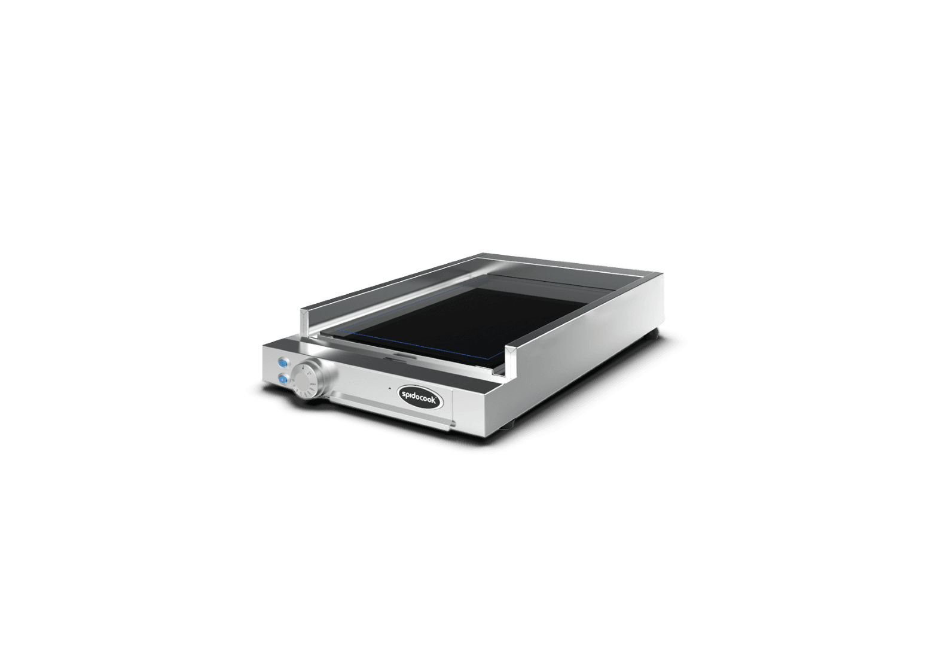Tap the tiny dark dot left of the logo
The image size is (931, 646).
click(389, 388)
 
